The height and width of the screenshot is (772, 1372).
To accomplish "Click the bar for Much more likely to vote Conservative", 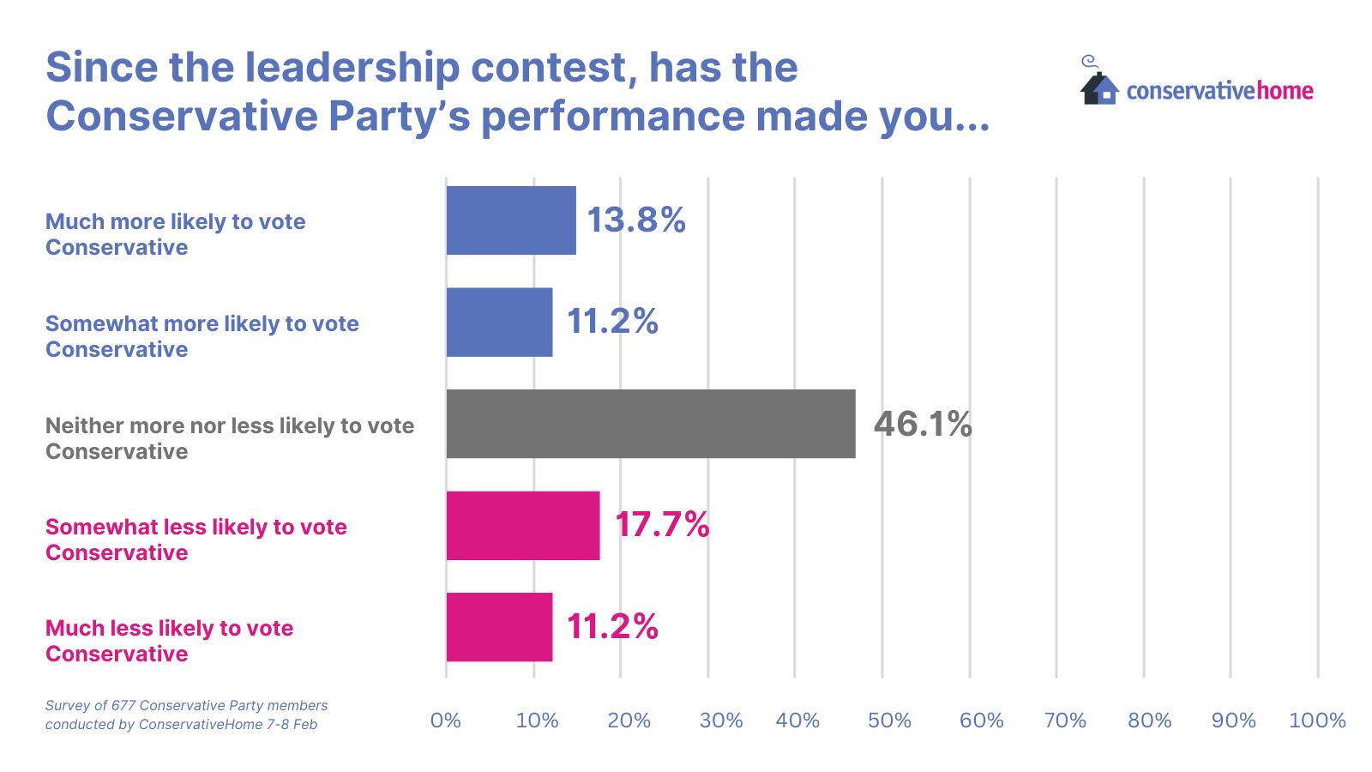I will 511,220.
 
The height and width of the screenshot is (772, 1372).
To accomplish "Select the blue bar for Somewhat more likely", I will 499,322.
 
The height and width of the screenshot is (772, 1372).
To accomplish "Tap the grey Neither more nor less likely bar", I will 650,424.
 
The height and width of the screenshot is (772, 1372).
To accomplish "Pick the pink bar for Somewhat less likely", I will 523,525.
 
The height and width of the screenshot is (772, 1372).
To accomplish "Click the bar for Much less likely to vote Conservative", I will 499,627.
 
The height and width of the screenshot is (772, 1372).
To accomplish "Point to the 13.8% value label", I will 635,220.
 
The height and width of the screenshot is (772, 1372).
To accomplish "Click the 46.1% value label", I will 923,424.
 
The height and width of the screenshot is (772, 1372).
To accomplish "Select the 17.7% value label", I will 662,525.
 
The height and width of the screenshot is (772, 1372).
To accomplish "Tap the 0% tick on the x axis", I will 446,721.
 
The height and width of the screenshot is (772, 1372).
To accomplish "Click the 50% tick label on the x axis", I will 889,721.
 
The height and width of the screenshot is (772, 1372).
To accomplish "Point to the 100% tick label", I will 1317,721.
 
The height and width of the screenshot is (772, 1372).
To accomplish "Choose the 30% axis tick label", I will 721,721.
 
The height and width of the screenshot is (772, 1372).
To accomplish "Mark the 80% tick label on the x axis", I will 1150,721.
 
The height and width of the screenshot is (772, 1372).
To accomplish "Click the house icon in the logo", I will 1099,87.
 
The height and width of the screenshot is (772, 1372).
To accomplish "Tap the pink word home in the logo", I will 1285,91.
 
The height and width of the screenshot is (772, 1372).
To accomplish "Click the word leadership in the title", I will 352,68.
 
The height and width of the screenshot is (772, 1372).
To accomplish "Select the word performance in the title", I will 613,117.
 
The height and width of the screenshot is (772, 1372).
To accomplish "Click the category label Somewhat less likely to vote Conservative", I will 196,540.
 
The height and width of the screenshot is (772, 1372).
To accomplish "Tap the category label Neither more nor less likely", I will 229,438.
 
